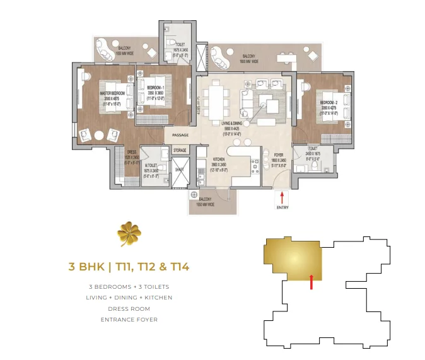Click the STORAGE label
(180, 151)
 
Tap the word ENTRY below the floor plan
(282, 206)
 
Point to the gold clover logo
(130, 235)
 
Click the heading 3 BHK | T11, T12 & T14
(129, 267)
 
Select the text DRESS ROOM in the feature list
(129, 308)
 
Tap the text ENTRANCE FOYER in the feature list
(129, 320)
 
